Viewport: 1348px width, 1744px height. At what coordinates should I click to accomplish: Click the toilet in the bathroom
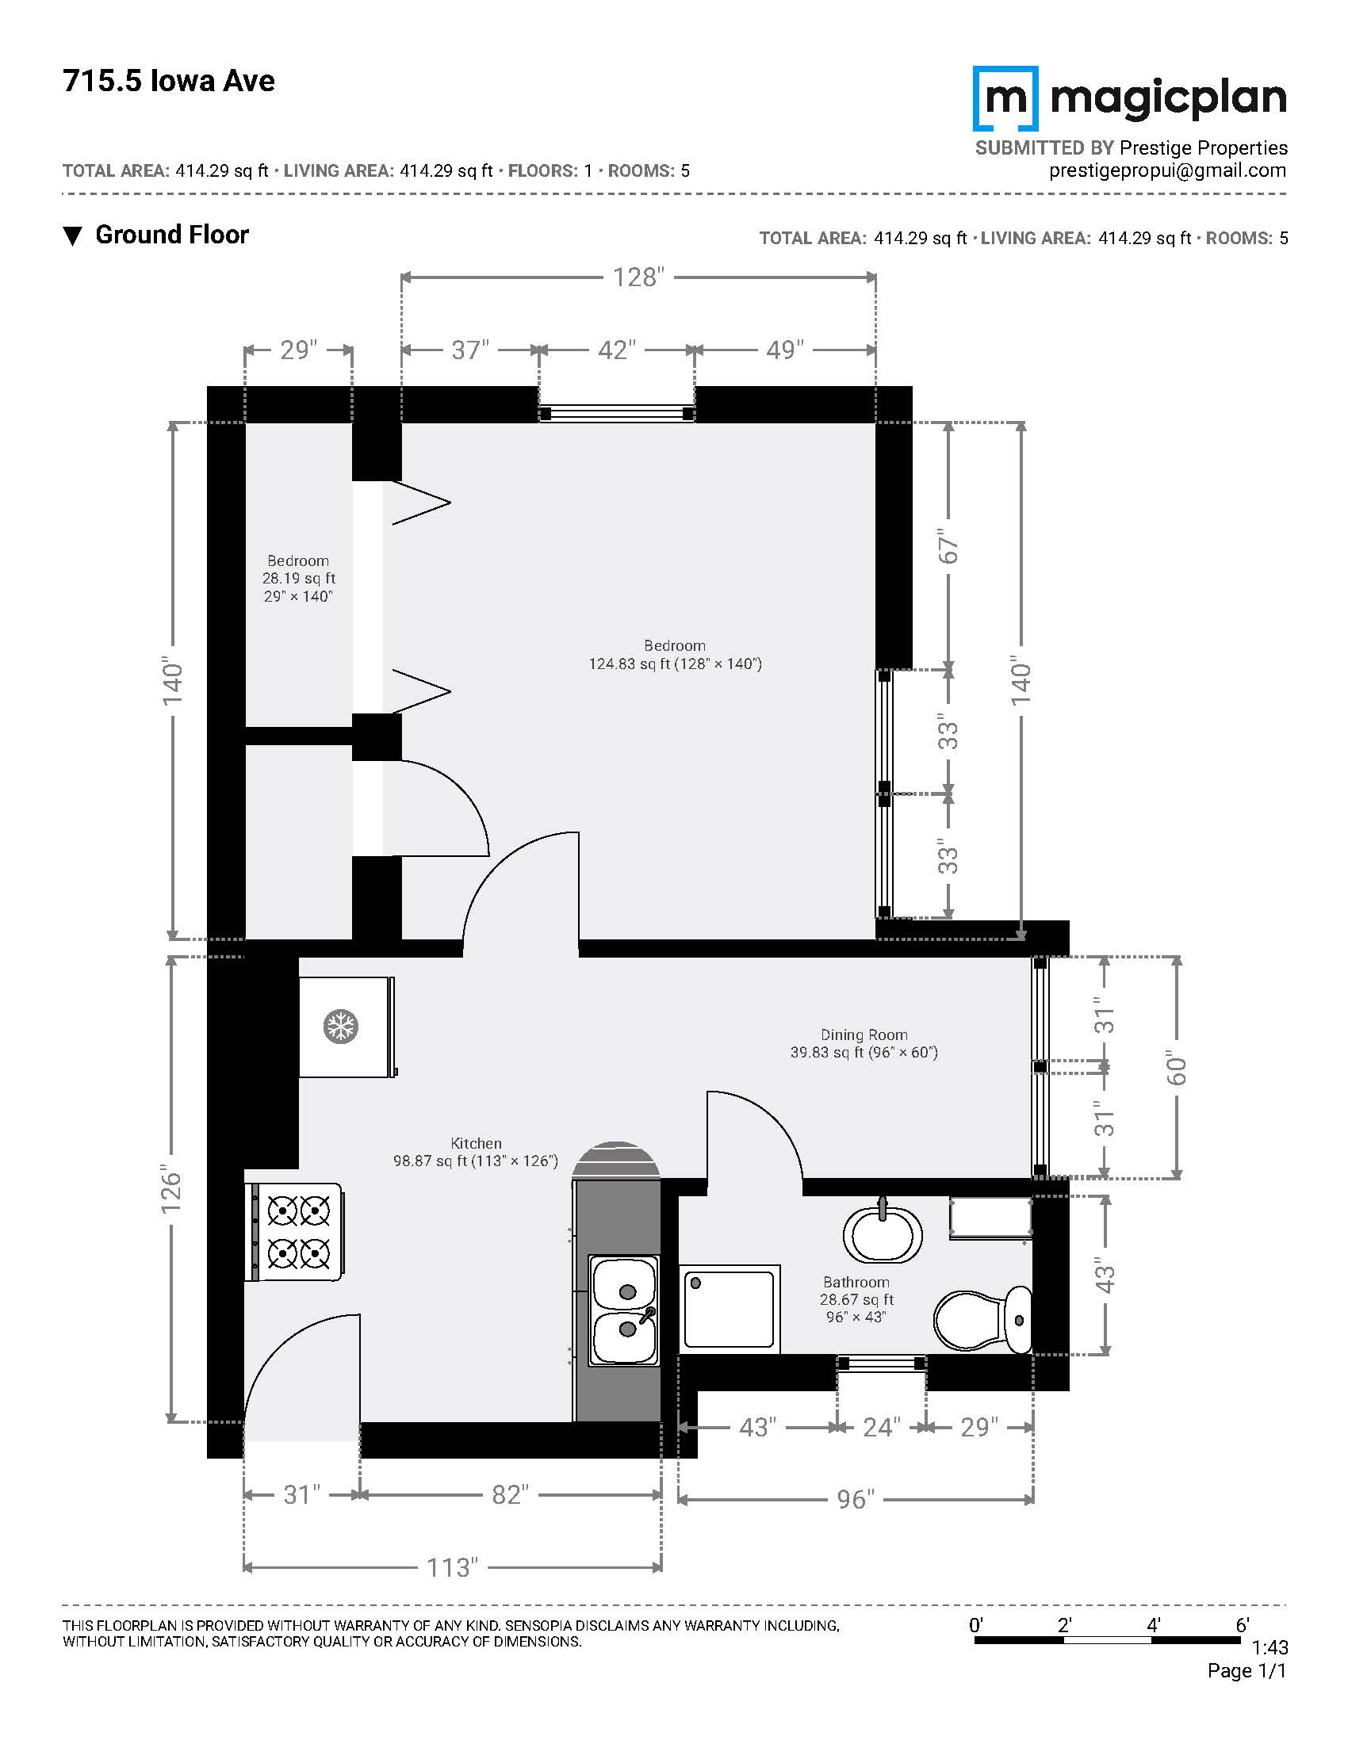click(983, 1319)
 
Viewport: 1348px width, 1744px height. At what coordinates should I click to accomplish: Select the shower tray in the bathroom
click(729, 1309)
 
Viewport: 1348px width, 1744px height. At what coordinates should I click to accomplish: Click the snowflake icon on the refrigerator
click(341, 1027)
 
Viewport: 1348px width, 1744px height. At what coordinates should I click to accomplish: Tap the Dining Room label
click(864, 1035)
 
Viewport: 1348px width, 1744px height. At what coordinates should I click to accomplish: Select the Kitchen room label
click(476, 1143)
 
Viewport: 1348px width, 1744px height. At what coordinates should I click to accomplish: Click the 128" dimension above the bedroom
click(638, 277)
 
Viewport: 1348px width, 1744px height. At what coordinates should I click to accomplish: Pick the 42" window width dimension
click(616, 350)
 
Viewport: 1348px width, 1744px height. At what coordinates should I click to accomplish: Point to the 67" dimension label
click(948, 546)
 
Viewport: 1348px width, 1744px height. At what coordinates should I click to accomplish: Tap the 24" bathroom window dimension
click(882, 1427)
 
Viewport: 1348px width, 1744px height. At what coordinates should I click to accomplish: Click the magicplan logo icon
click(1005, 98)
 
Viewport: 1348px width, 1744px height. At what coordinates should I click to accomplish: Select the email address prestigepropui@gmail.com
click(1167, 170)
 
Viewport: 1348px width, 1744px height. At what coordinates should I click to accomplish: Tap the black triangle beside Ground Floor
click(73, 236)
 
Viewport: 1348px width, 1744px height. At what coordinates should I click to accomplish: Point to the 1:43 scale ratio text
click(1269, 1647)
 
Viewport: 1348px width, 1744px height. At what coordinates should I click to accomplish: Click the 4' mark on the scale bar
click(1153, 1624)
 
